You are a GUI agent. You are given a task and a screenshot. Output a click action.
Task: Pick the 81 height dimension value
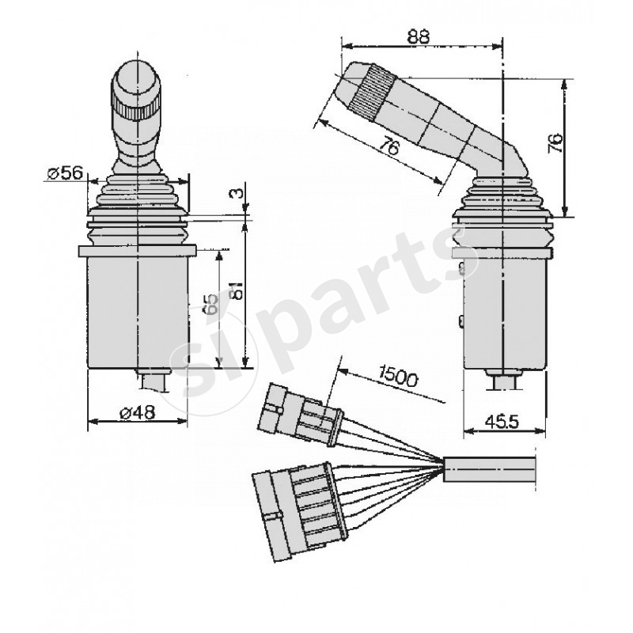coord(234,293)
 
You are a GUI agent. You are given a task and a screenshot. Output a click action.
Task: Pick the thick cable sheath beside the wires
coord(491,468)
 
